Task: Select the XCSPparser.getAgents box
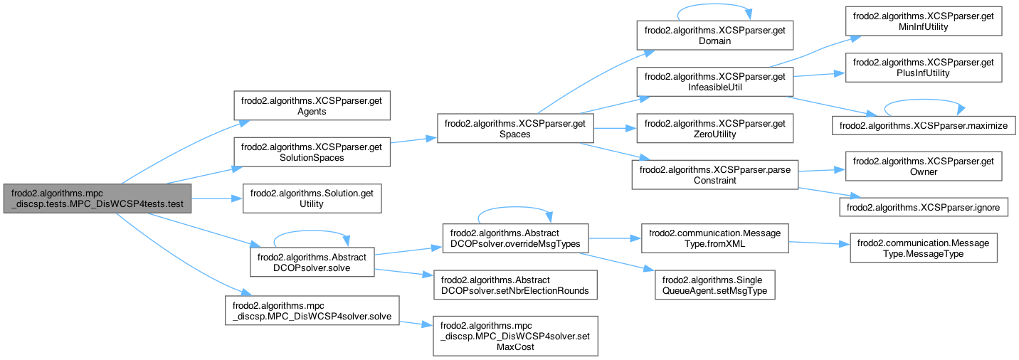312,105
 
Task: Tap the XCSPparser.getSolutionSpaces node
312,152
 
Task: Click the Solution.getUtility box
312,198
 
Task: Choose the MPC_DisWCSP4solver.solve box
312,310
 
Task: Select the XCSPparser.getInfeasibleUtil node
714,82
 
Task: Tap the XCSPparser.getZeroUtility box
714,129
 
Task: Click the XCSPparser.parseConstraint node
714,175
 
